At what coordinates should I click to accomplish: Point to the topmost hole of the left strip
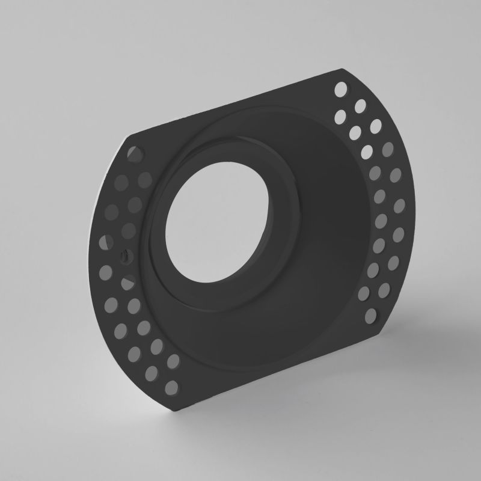point(133,152)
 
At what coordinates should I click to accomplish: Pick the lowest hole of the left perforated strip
point(171,385)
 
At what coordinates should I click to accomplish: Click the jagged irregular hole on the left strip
point(124,255)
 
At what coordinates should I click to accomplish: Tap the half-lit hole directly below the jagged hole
point(128,281)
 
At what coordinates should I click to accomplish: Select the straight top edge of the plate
point(240,102)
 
